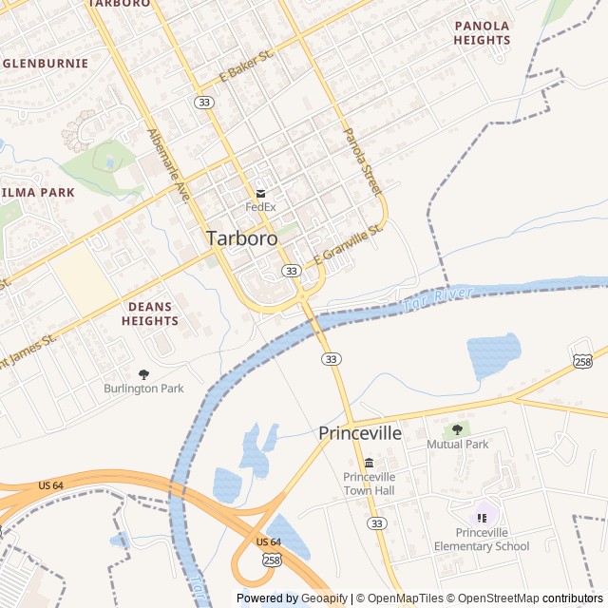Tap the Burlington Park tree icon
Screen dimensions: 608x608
click(x=143, y=374)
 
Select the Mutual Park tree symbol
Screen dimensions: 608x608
click(x=458, y=430)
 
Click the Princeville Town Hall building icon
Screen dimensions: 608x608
click(x=369, y=463)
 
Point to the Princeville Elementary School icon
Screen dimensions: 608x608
click(x=482, y=518)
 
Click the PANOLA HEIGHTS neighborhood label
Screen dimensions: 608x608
click(x=482, y=33)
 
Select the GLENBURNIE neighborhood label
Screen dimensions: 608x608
click(x=46, y=64)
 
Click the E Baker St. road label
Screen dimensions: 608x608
click(x=246, y=66)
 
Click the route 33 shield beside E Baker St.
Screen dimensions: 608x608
click(x=203, y=102)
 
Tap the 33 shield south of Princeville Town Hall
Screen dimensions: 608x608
click(x=378, y=523)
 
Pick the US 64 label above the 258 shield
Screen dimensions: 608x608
click(x=269, y=541)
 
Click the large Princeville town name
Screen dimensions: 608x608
click(x=360, y=433)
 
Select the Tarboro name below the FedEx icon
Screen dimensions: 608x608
click(x=242, y=238)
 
